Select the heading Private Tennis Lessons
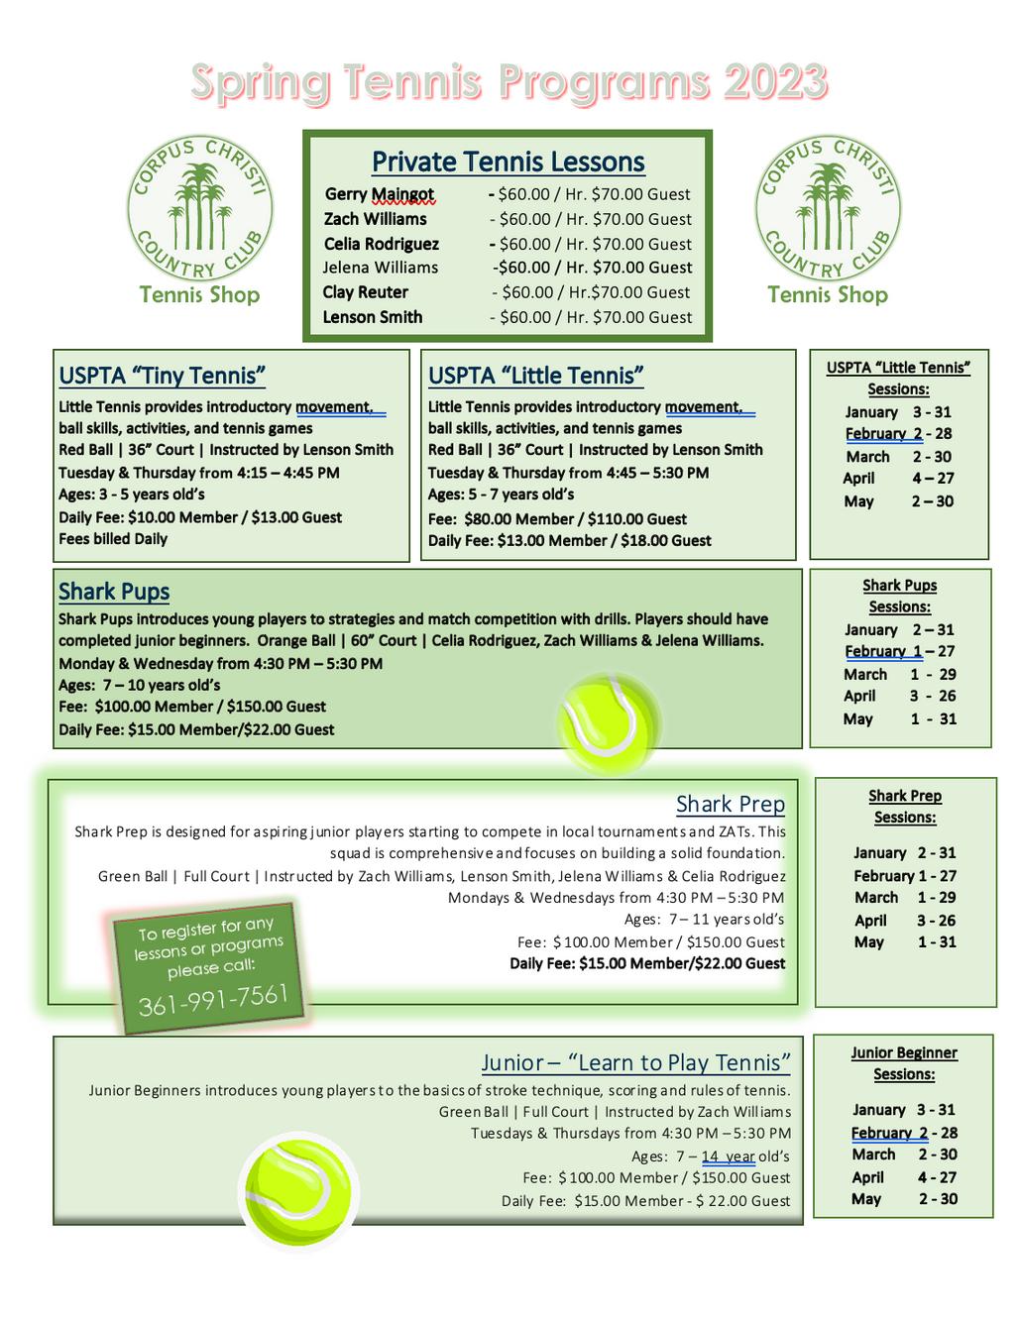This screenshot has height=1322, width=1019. coord(508,162)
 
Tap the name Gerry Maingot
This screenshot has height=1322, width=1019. coord(379,194)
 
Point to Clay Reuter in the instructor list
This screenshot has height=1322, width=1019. coord(365,292)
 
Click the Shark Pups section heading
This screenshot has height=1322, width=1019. coord(114,592)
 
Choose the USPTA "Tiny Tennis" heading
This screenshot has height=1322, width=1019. coord(162,376)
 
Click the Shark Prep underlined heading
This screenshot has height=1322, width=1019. coord(730,804)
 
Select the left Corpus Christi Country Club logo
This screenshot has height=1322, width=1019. coord(199,208)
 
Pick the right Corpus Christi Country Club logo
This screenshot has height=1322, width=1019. coord(828,208)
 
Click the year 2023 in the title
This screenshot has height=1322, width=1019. coord(774,82)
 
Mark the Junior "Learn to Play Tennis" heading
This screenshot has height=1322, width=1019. coord(635,1063)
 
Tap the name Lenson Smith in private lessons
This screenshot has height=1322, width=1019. coord(373,317)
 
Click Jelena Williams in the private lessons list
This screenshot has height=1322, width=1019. coord(380,268)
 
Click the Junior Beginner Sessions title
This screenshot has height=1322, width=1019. coord(904,1063)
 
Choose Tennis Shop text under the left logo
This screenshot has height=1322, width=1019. coord(199,294)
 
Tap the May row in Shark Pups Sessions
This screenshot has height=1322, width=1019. coord(900,718)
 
